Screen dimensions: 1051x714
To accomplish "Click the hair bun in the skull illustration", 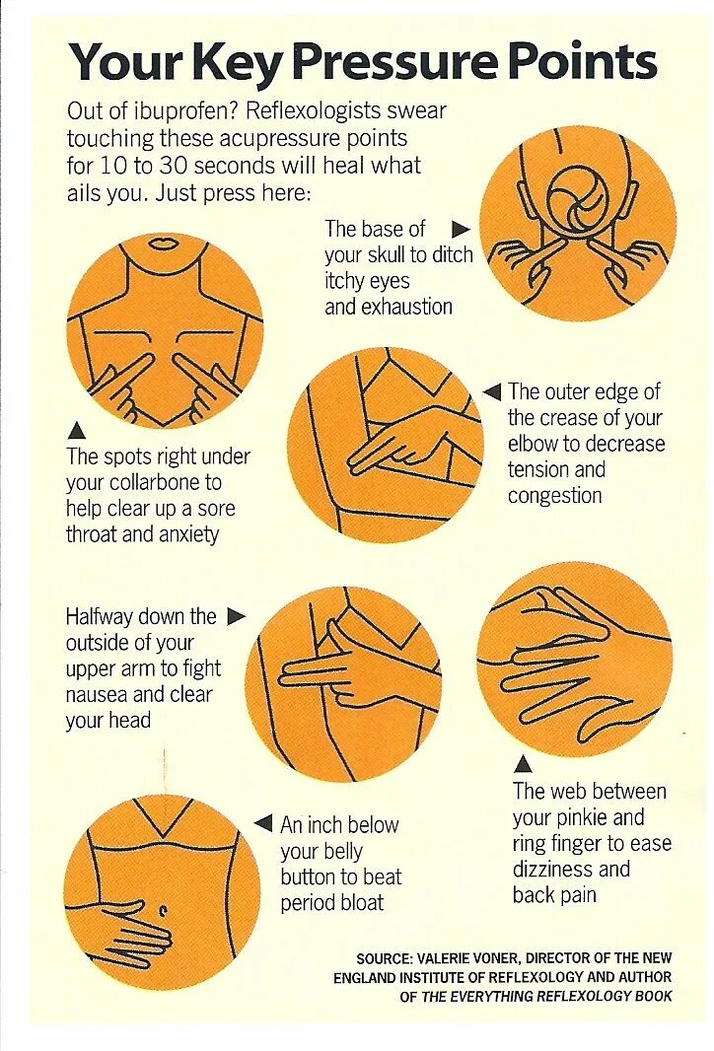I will click(x=579, y=197).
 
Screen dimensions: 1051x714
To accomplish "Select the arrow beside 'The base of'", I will click(x=461, y=230).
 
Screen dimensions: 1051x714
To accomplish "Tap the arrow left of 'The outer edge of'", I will click(x=492, y=392).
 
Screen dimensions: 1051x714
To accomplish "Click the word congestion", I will click(x=554, y=495).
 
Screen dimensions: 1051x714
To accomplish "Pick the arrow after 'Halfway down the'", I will click(x=236, y=616).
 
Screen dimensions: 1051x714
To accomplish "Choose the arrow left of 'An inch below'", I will click(x=263, y=823).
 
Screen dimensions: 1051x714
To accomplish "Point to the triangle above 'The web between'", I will click(x=524, y=764).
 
